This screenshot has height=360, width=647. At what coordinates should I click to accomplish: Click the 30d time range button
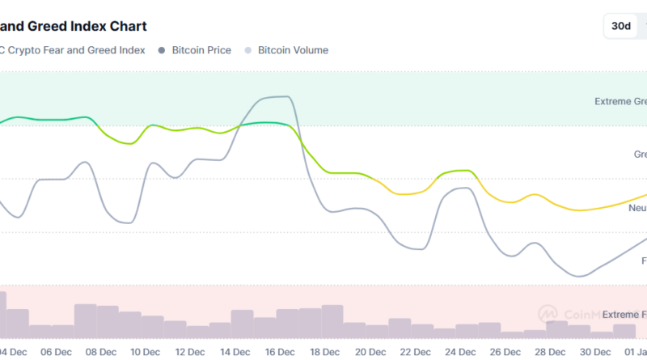(621, 26)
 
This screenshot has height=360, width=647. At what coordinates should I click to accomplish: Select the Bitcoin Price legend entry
(201, 50)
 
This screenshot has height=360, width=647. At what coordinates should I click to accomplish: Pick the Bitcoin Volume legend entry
(293, 50)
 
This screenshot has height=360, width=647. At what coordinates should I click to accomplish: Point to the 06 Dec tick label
(56, 352)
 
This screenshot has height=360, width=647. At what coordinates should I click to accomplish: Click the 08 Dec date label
(101, 352)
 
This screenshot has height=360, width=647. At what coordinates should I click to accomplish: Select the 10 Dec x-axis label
(146, 352)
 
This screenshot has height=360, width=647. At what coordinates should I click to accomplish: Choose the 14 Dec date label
(235, 352)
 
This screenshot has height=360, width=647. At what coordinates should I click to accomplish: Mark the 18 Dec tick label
(325, 352)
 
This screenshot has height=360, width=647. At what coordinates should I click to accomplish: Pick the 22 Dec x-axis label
(415, 352)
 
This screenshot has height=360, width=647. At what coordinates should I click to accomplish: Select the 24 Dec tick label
(460, 352)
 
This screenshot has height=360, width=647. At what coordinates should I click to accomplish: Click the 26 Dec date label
(505, 352)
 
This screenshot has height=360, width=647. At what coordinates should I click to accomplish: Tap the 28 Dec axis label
(550, 352)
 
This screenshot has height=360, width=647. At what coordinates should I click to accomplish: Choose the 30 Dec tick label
(594, 352)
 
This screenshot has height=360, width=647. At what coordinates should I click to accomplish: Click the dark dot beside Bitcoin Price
(162, 50)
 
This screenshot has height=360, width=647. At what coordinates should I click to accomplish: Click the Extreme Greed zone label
(620, 102)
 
